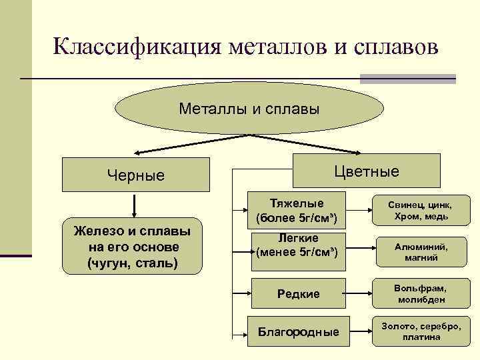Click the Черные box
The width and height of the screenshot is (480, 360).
click(x=135, y=175)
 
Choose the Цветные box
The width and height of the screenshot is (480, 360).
click(x=367, y=171)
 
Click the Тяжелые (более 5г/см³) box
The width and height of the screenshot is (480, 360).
click(x=297, y=210)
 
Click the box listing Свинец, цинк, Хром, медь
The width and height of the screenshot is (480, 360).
click(x=421, y=210)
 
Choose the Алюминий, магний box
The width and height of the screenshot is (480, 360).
click(x=421, y=252)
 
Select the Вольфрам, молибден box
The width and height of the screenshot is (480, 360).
click(x=421, y=294)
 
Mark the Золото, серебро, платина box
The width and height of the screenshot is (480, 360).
click(x=421, y=331)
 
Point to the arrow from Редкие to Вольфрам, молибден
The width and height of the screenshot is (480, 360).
click(x=361, y=294)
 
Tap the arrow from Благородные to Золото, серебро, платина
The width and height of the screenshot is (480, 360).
click(x=361, y=331)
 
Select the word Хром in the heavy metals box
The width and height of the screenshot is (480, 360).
click(x=407, y=216)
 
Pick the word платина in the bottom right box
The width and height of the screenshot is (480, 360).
click(x=421, y=337)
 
